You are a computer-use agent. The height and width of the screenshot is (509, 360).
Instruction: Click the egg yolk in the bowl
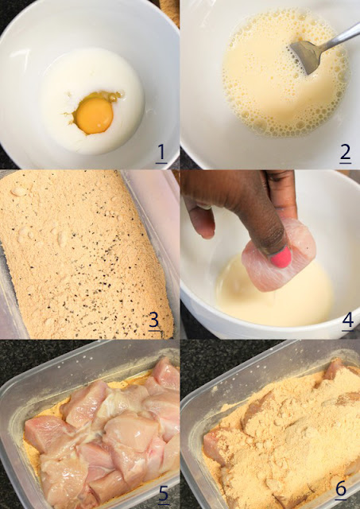coord(95,116)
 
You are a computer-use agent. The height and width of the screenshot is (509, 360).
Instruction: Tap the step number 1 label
coord(161,153)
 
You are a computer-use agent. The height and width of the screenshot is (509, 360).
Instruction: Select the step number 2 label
coord(346,153)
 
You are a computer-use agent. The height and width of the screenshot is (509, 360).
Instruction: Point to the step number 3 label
coord(154,321)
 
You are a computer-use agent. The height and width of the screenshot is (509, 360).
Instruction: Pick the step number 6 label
coord(341,489)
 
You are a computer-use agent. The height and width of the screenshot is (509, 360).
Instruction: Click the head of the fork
coord(305,56)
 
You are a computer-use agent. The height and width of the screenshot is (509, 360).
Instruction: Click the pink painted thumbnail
coord(281,256)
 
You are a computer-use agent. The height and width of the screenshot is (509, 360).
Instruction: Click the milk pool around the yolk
coord(93,101)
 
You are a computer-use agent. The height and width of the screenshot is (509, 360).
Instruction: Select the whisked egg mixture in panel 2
coord(282,72)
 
